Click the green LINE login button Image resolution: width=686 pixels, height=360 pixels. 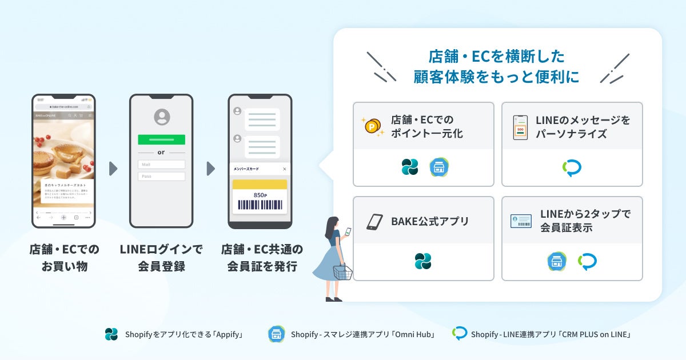pyautogui.click(x=161, y=139)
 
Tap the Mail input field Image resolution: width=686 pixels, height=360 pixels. pyautogui.click(x=161, y=165)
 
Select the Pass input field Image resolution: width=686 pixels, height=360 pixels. pyautogui.click(x=161, y=177)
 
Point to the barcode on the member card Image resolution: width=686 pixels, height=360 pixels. pyautogui.click(x=259, y=205)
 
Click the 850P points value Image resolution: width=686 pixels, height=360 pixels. pyautogui.click(x=260, y=195)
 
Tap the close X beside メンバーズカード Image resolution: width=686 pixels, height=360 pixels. pyautogui.click(x=285, y=169)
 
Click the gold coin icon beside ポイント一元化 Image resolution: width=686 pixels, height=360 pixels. pyautogui.click(x=373, y=126)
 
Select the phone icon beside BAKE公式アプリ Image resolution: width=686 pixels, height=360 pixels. pyautogui.click(x=374, y=221)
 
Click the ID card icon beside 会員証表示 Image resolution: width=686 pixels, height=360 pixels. pyautogui.click(x=521, y=221)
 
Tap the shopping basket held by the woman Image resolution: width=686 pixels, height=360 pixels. pyautogui.click(x=342, y=273)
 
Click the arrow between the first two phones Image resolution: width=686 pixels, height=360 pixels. pyautogui.click(x=113, y=169)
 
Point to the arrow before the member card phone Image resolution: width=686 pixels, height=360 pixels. pyautogui.click(x=210, y=169)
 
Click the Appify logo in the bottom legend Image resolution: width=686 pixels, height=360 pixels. pyautogui.click(x=111, y=334)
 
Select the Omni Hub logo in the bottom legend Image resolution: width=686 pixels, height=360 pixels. pyautogui.click(x=277, y=334)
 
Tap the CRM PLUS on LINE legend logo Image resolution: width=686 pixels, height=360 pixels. pyautogui.click(x=460, y=334)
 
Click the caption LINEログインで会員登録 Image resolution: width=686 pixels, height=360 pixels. pyautogui.click(x=161, y=258)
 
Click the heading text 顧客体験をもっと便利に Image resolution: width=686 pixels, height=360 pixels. pyautogui.click(x=496, y=77)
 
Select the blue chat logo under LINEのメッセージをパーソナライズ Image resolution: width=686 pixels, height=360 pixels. pyautogui.click(x=572, y=167)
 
